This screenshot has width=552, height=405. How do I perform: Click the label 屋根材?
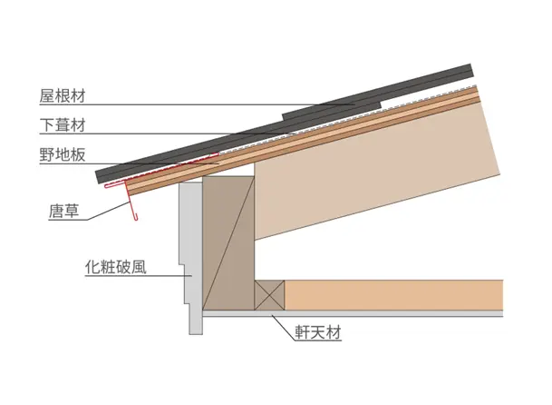click(63, 96)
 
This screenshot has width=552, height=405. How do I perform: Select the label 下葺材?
click(63, 125)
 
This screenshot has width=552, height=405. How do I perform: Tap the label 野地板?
click(63, 154)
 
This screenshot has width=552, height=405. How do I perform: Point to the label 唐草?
click(63, 212)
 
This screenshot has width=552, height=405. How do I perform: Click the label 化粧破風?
click(115, 267)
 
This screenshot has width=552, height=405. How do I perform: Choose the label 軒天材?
click(318, 332)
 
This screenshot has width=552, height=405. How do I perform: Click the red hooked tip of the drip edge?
click(136, 217)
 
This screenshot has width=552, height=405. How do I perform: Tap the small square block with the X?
click(269, 295)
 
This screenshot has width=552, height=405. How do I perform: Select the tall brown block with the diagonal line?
click(228, 243)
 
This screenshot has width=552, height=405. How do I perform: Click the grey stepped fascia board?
click(192, 258)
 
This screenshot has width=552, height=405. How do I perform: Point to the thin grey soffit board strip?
click(353, 313)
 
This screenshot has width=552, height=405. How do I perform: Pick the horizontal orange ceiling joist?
click(393, 295)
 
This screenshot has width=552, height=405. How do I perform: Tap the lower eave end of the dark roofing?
click(100, 176)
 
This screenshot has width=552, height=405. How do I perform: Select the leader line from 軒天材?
click(283, 327)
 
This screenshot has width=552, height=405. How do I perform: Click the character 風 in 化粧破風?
click(139, 267)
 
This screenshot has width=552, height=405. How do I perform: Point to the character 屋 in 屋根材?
click(47, 96)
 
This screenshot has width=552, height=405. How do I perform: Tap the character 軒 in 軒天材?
click(303, 332)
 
